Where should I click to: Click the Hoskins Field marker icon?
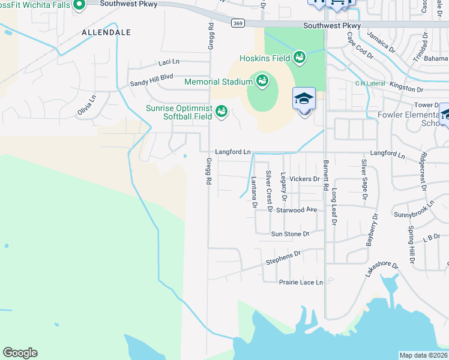(299, 58)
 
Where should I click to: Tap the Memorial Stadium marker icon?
(262, 80)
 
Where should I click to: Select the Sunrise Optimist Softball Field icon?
(221, 112)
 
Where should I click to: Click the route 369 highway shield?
(237, 22)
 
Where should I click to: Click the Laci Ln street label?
(169, 62)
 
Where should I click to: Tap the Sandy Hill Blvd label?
(152, 77)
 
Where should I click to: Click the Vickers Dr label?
(304, 179)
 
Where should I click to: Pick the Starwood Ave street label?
(297, 210)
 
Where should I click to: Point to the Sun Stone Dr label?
(290, 234)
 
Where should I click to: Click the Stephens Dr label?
(283, 258)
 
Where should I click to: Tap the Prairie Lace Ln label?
(301, 282)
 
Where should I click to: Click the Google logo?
(20, 353)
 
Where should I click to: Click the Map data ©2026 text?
(423, 355)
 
